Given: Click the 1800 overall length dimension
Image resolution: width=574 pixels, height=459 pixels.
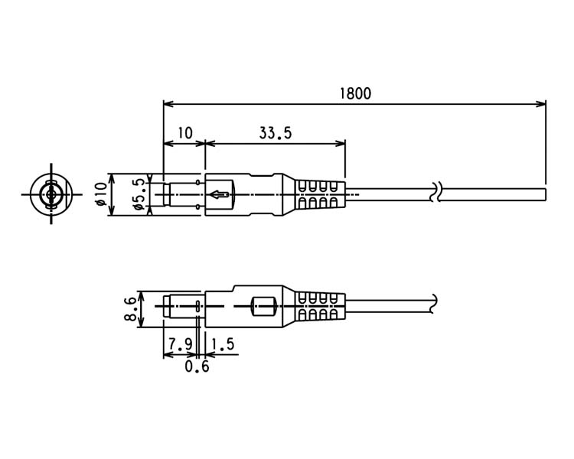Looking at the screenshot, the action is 355,93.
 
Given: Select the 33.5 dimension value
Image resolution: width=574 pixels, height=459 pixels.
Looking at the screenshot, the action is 276,133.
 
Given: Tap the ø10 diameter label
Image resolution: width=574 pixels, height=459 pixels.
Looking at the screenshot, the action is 101,194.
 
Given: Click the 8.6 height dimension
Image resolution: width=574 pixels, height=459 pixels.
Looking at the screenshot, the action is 131,309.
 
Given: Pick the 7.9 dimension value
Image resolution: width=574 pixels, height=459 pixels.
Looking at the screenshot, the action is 180,344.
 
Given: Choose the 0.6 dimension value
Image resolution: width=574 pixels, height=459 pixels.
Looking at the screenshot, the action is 197,366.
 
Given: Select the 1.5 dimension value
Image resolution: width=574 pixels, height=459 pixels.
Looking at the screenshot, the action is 223,344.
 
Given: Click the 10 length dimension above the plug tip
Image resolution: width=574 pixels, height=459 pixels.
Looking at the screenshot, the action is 185,133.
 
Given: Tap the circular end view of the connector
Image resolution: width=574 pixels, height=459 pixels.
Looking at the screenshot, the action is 51,194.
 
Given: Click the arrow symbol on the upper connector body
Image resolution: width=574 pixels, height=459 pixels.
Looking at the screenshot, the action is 220,194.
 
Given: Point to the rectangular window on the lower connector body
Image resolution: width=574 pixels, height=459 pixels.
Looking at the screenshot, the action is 263,306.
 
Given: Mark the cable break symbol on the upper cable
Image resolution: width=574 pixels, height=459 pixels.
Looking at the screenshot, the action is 436,192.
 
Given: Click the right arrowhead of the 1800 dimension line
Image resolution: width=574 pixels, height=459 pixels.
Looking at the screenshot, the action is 541,104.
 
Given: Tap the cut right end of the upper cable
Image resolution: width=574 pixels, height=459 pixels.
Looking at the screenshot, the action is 546,194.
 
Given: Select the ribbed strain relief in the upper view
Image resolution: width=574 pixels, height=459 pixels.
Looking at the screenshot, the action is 321,194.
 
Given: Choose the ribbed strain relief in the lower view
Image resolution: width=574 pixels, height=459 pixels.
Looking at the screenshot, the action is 321,306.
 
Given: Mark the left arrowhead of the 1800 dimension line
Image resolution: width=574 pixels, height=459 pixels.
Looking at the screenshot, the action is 168,104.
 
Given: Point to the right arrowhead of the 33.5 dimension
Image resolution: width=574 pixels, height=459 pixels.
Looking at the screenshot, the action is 341,143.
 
